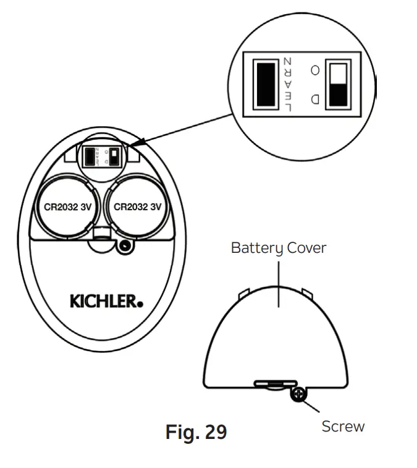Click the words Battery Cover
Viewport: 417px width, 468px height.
279,248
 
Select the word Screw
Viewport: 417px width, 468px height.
343,427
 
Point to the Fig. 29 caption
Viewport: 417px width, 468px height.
196,432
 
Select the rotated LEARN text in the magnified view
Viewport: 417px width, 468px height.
287,83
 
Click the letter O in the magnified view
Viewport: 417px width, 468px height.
315,70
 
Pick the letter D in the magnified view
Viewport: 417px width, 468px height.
315,98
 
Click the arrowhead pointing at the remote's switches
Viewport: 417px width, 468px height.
132,147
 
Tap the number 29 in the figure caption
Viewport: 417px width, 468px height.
214,432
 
